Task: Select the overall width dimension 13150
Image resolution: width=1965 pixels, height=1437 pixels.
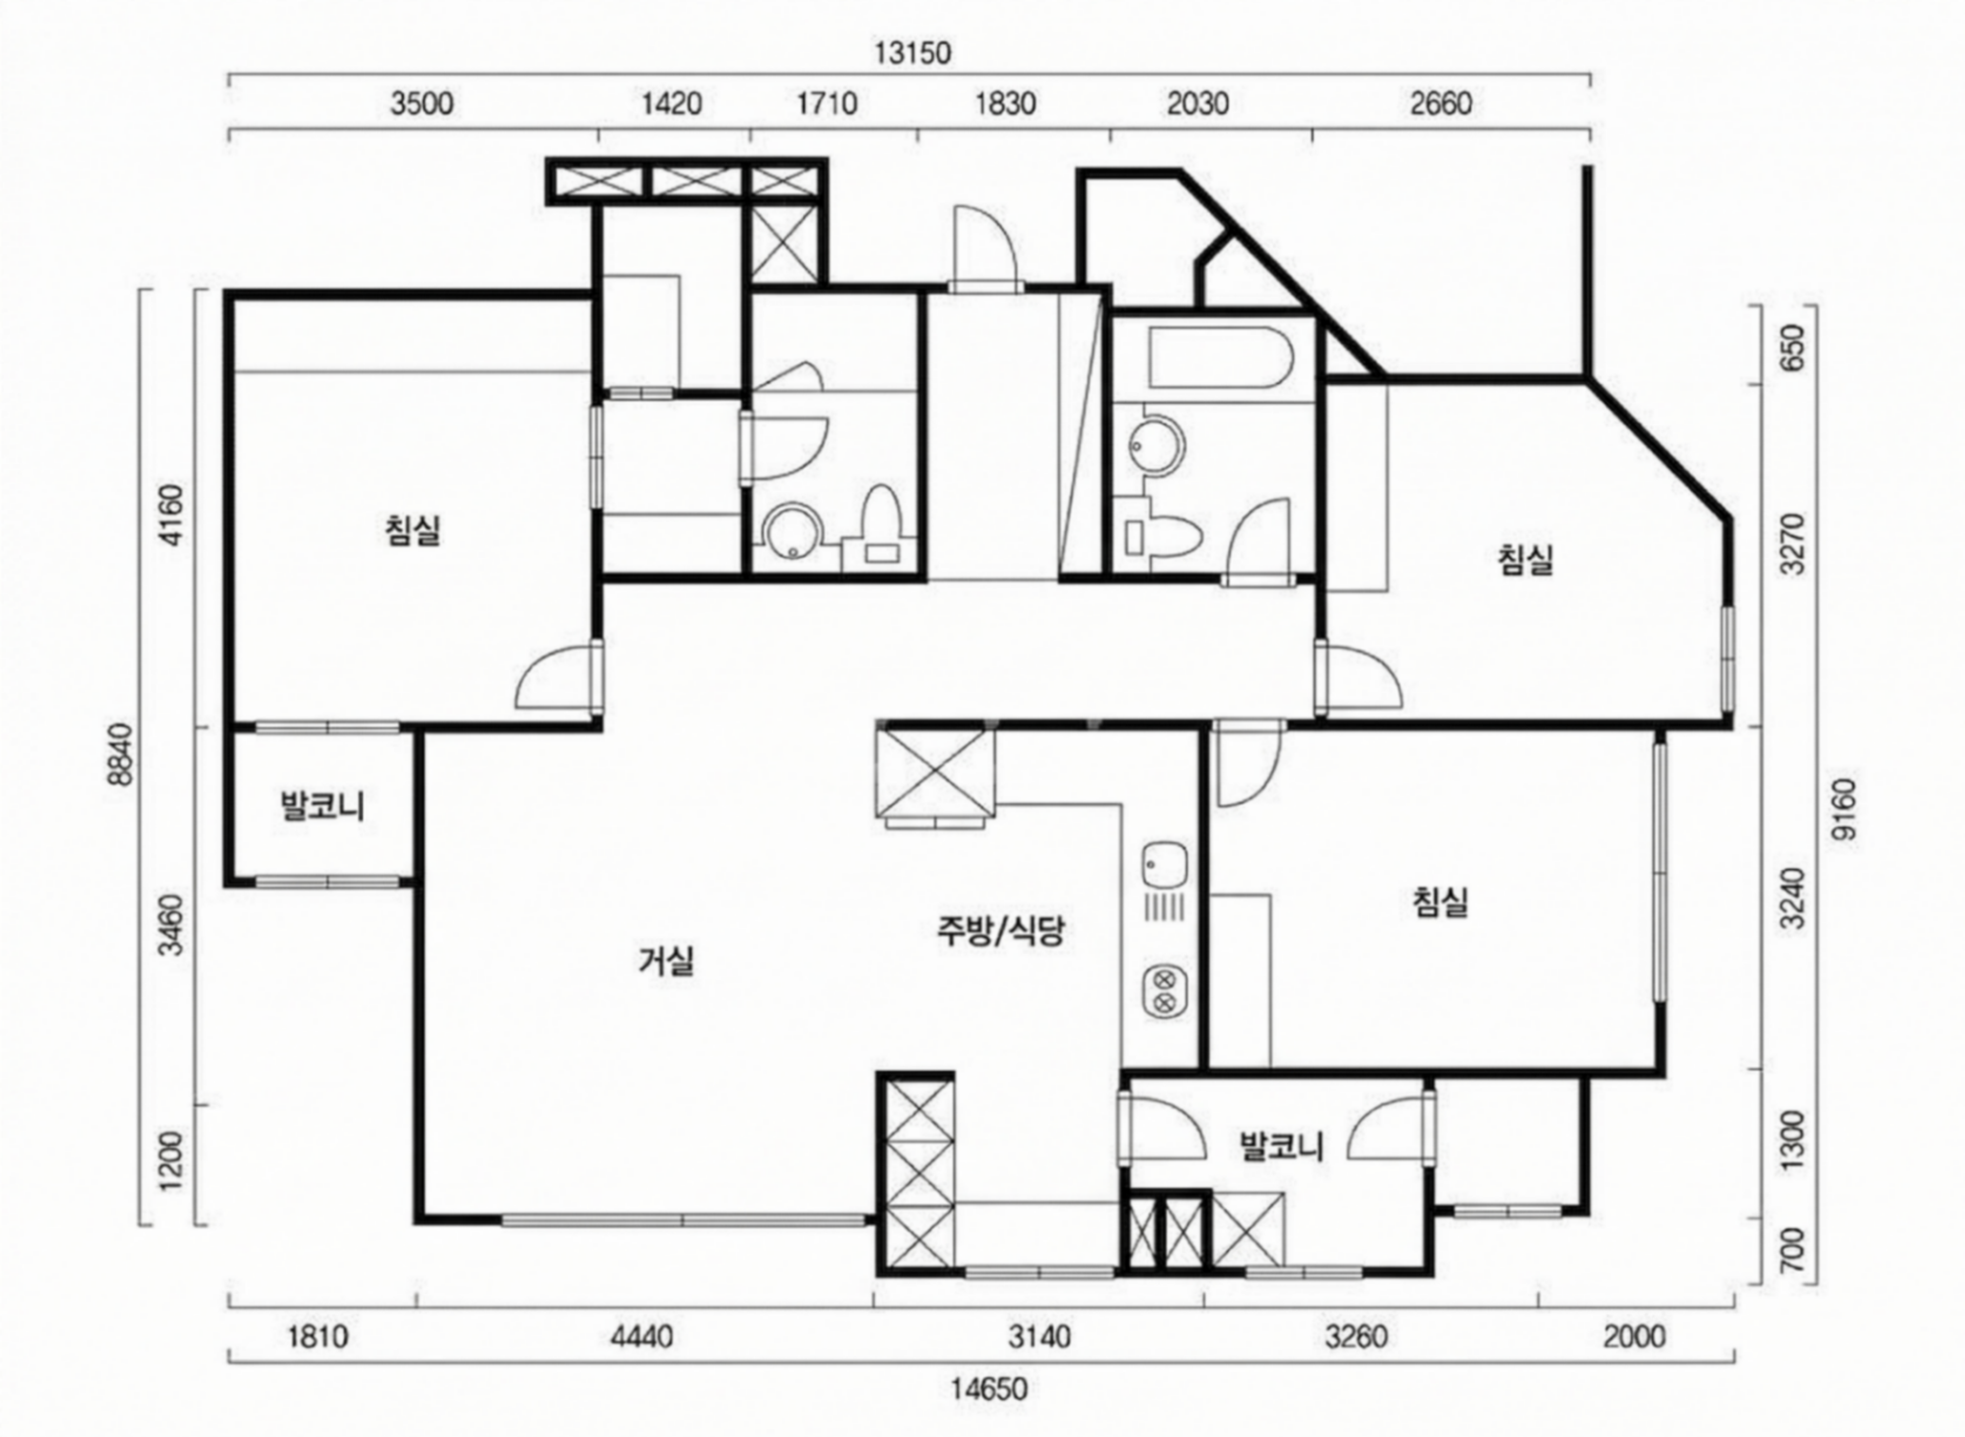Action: point(912,53)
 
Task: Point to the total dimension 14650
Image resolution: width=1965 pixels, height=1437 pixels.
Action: point(988,1389)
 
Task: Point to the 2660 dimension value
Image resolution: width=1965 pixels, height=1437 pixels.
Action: point(1442,104)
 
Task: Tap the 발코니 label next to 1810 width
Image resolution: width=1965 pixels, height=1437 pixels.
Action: point(322,805)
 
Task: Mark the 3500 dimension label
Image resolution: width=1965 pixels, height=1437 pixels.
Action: point(422,104)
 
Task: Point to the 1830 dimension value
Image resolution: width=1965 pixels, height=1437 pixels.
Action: point(1006,104)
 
